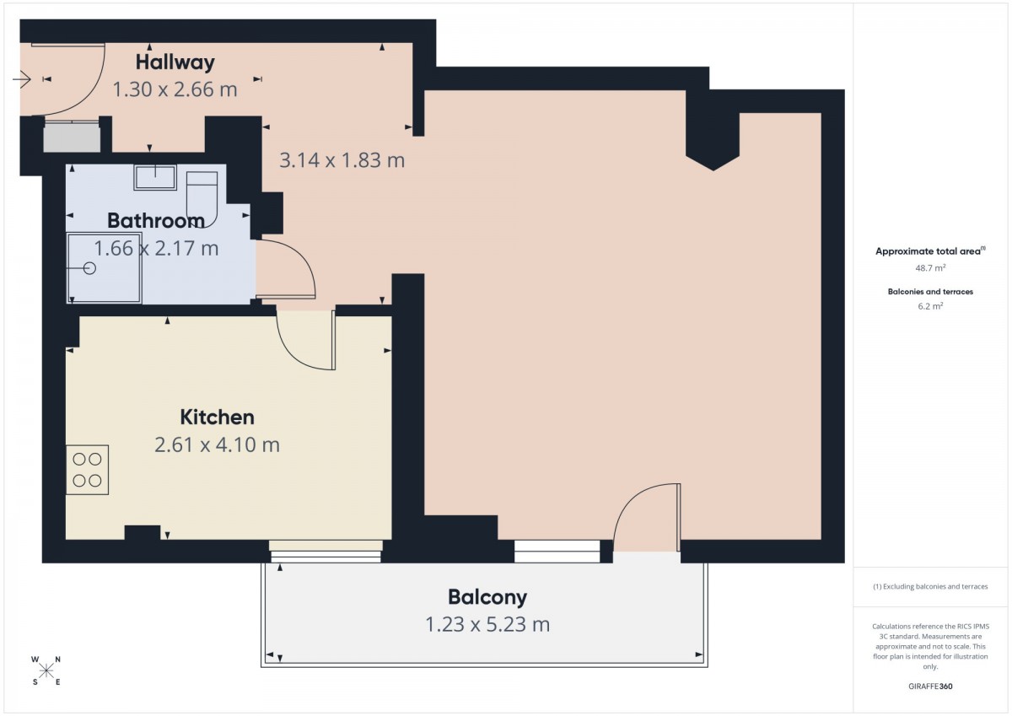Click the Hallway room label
[x=175, y=62]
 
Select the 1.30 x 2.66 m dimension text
[x=175, y=89]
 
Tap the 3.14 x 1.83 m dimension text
[x=342, y=160]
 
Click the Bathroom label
[x=156, y=221]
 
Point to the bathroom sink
[x=155, y=177]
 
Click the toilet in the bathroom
[x=202, y=199]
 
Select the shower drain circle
[x=89, y=268]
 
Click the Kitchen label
[x=218, y=417]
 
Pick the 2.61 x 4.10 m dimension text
[x=218, y=445]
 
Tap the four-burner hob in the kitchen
[x=87, y=470]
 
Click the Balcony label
[x=487, y=598]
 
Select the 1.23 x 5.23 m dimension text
[x=487, y=625]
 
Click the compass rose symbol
[x=46, y=671]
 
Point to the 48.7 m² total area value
[x=930, y=268]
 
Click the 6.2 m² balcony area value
[x=930, y=306]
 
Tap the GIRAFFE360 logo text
[x=930, y=686]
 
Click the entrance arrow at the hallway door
[x=21, y=79]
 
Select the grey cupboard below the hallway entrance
[x=72, y=137]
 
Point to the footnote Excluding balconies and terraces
[x=930, y=587]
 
